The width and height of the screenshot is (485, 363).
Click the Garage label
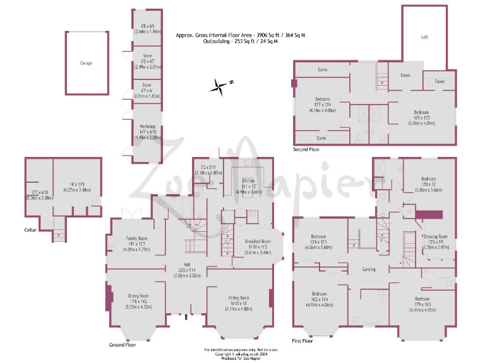point(86,64)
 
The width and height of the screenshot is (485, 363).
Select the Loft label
point(425,37)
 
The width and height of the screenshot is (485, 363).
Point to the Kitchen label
point(248,180)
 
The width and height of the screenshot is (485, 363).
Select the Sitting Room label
point(239,297)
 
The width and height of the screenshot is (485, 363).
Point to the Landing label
point(369,269)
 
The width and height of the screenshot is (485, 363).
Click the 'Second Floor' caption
point(306,150)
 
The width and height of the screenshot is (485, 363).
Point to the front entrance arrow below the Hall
point(185,318)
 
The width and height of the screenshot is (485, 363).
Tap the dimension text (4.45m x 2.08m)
point(148,137)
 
